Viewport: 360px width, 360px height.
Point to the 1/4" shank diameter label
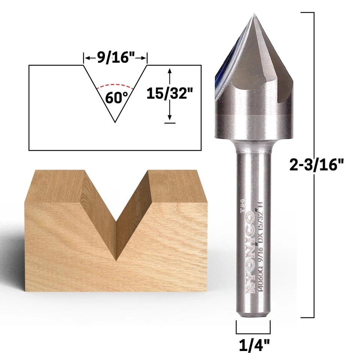coord(253,344)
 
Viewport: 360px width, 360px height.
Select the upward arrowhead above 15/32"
coord(170,71)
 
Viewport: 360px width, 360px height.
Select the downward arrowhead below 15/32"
coord(170,117)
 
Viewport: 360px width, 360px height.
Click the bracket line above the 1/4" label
coord(253,333)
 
